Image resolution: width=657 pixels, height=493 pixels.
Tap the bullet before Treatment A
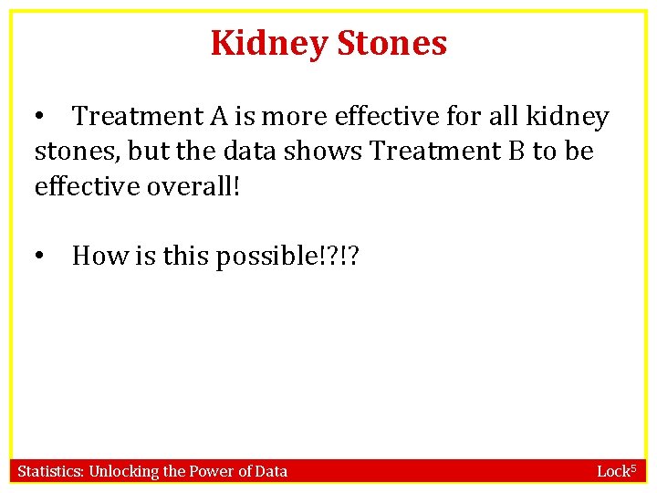39,117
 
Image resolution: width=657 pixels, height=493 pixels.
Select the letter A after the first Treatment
220,117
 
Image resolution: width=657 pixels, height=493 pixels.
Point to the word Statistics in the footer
50,471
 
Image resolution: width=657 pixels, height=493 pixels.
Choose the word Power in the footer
210,471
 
